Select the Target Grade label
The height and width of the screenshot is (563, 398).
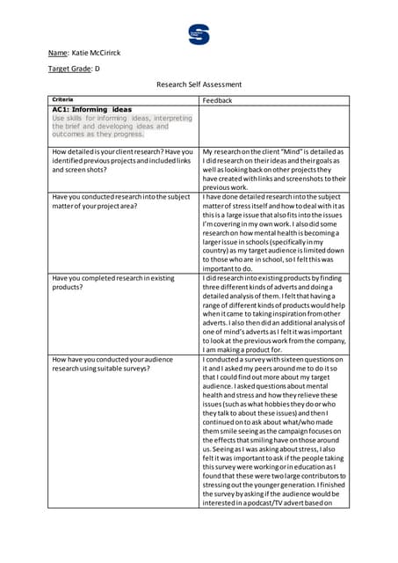pos(69,68)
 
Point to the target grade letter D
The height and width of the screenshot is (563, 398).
pos(97,68)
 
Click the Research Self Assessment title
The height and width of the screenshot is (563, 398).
pos(199,84)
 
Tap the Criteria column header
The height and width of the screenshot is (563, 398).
pos(63,99)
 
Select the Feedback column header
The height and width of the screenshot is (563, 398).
pos(217,100)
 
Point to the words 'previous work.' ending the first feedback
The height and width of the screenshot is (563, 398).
pos(225,187)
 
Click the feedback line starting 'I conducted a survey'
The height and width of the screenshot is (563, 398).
pos(274,360)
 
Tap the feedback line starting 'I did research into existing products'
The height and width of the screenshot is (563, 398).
pos(274,278)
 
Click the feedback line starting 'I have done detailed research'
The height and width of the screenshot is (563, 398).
pos(274,197)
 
